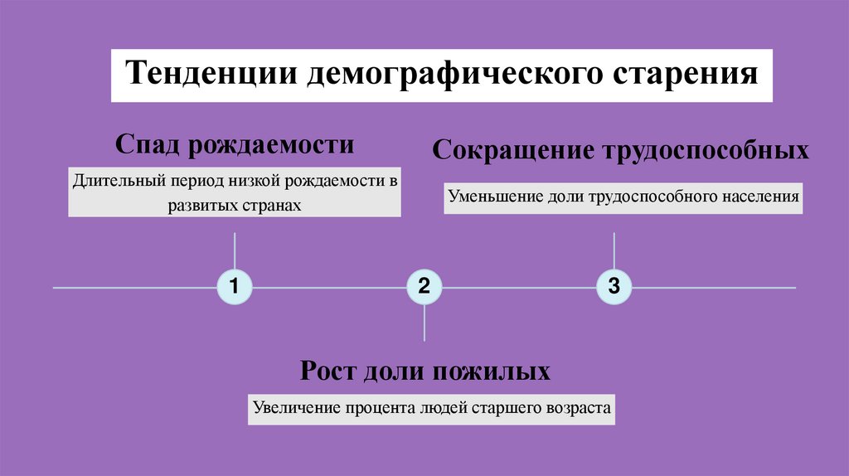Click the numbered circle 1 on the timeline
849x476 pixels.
tap(235, 288)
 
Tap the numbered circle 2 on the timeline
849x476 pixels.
tap(424, 288)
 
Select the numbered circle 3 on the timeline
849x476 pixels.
tap(614, 288)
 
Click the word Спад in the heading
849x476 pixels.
tap(148, 144)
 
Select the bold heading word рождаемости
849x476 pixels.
tap(273, 144)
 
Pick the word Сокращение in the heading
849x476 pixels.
tap(505, 151)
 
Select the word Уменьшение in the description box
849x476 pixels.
tap(496, 197)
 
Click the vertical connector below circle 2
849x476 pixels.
tap(424, 323)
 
